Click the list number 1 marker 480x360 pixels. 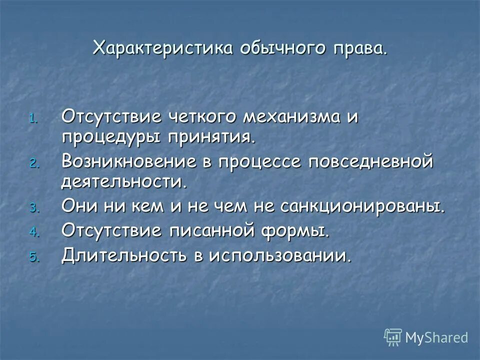pos(33,119)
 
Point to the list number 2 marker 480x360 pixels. pos(33,163)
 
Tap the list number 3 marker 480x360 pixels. pos(33,207)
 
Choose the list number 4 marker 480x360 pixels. pos(33,232)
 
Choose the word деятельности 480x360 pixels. pos(124,181)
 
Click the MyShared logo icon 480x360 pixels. pos(393,337)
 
